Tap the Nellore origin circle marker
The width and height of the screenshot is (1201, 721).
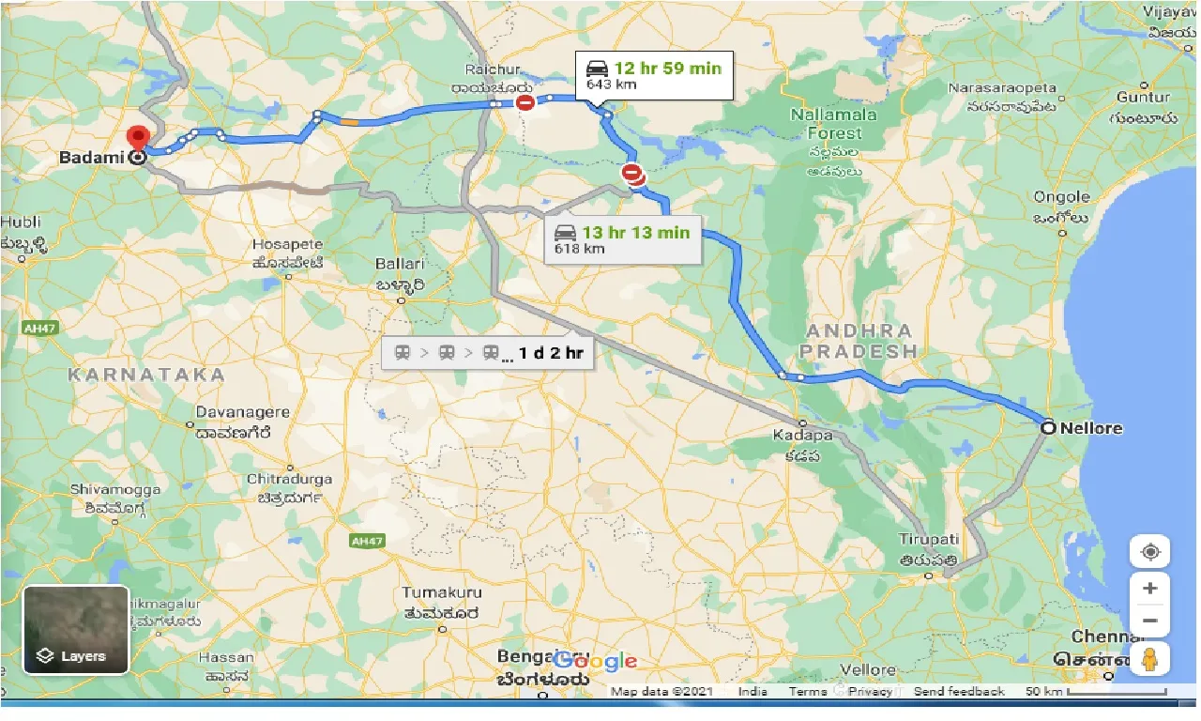1047,427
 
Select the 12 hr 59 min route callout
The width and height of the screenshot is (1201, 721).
653,75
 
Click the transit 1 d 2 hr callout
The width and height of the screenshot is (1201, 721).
488,353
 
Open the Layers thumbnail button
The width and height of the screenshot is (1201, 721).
76,630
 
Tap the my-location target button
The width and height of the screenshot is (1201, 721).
1149,552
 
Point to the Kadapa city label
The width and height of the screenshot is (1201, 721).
803,436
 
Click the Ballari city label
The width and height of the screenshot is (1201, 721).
401,265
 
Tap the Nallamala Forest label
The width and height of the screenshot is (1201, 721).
833,122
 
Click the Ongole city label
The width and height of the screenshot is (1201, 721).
1062,197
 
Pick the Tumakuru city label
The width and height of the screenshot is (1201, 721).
442,592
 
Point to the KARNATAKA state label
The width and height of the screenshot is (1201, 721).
146,375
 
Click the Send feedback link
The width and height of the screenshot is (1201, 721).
958,692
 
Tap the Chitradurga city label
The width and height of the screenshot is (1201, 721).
290,479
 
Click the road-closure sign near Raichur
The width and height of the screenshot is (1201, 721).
525,102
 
